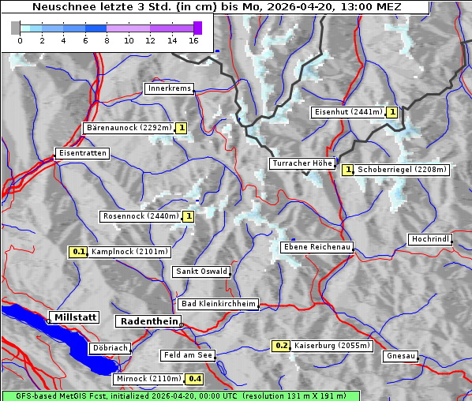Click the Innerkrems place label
(x=169, y=88)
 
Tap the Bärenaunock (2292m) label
(x=128, y=128)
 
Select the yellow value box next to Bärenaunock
(x=182, y=128)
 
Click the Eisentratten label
(x=81, y=153)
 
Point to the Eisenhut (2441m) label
(x=348, y=112)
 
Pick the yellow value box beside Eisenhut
(x=392, y=112)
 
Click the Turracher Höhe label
(x=302, y=163)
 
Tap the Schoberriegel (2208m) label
(x=402, y=169)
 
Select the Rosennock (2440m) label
(x=141, y=215)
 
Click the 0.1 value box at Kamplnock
(x=77, y=252)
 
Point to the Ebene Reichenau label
(x=317, y=247)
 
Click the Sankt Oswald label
(x=201, y=272)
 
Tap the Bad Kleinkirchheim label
(x=219, y=304)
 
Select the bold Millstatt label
(x=75, y=317)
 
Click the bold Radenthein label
(x=148, y=321)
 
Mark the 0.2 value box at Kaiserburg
(x=282, y=346)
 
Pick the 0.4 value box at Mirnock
(x=195, y=379)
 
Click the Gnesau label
(x=401, y=356)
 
